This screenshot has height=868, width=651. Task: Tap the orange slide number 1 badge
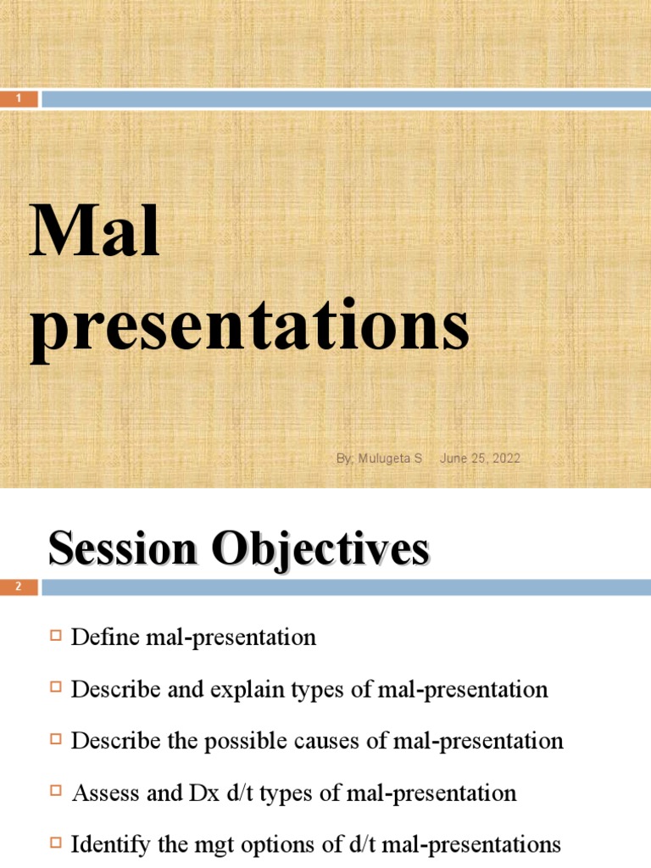click(x=19, y=99)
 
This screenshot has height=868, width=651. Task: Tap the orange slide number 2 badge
click(x=19, y=587)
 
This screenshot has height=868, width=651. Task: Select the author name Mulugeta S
click(x=378, y=459)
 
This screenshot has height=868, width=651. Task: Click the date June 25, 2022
click(x=480, y=459)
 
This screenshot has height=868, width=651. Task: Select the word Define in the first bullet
click(x=100, y=637)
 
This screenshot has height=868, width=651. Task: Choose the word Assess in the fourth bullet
click(x=100, y=793)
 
